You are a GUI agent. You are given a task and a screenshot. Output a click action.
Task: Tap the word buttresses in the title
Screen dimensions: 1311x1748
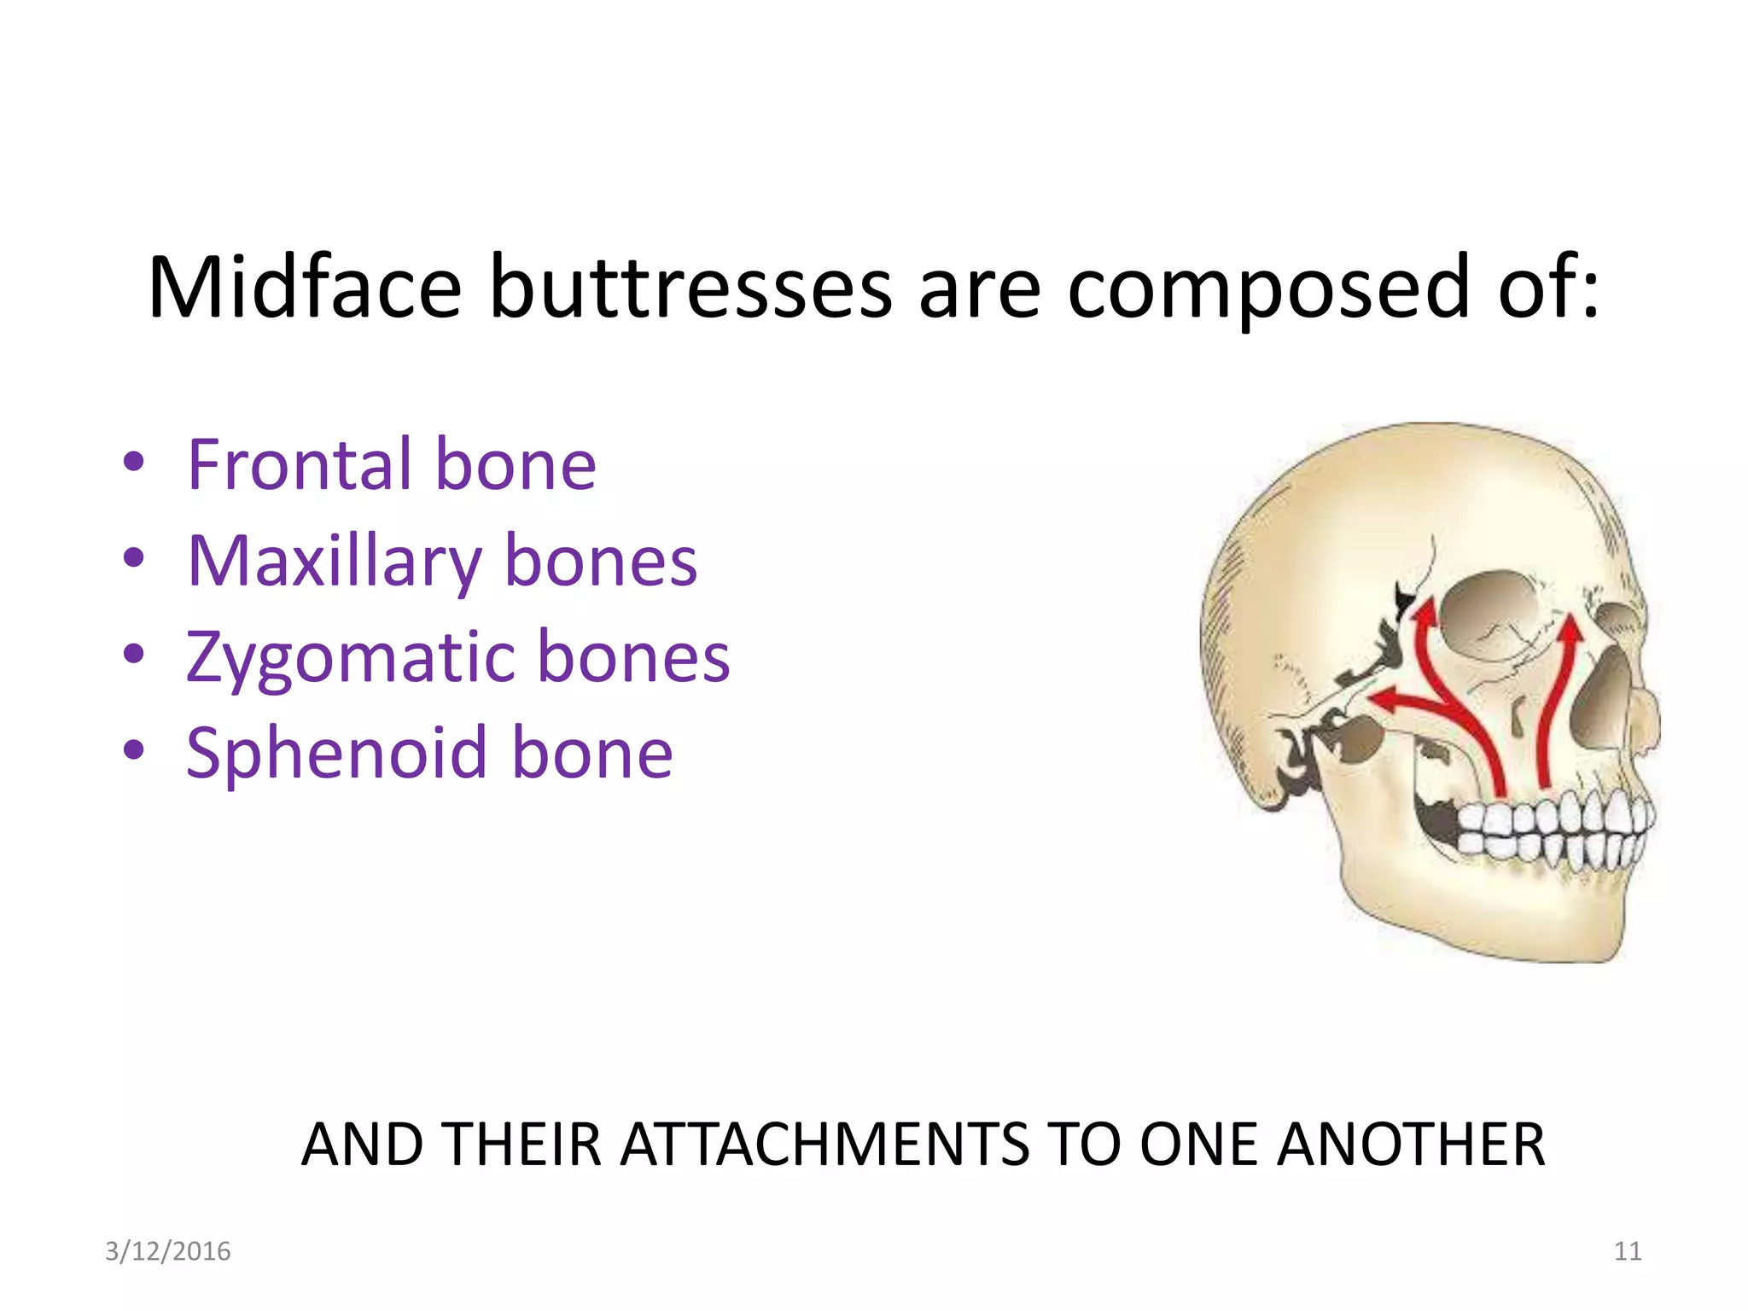(690, 288)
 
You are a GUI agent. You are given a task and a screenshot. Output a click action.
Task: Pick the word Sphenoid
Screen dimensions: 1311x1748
(336, 753)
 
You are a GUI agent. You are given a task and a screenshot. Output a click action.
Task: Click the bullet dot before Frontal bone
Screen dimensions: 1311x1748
(134, 463)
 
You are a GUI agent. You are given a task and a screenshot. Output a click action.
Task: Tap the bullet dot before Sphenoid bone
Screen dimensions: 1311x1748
(134, 751)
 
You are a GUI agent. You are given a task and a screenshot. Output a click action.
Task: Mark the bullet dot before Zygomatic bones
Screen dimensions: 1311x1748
(134, 655)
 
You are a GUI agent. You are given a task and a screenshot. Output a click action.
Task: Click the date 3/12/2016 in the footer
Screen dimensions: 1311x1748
(168, 1251)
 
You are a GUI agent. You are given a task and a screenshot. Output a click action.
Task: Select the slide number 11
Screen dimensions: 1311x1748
(1628, 1251)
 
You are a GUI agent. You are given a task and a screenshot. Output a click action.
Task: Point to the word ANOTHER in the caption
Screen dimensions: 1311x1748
(1411, 1145)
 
